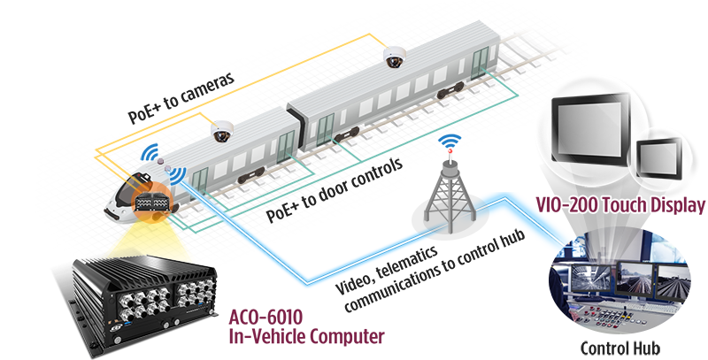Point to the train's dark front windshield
[x=134, y=180]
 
